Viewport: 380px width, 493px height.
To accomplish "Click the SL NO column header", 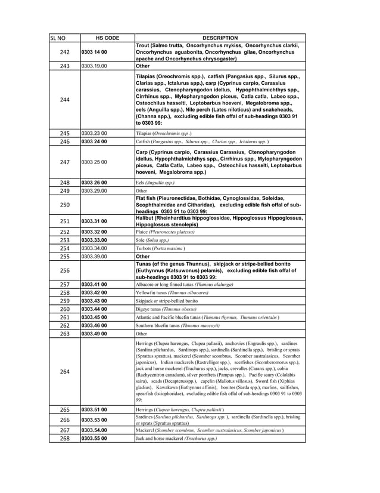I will click(x=57, y=38).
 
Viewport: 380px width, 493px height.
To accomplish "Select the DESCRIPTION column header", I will click(x=220, y=38).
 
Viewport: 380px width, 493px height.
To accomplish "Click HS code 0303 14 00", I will click(x=94, y=53).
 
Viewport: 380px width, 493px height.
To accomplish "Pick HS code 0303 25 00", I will click(x=94, y=162).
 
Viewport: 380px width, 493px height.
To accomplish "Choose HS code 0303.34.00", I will click(x=94, y=248).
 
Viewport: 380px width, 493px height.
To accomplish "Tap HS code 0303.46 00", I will click(x=94, y=326).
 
